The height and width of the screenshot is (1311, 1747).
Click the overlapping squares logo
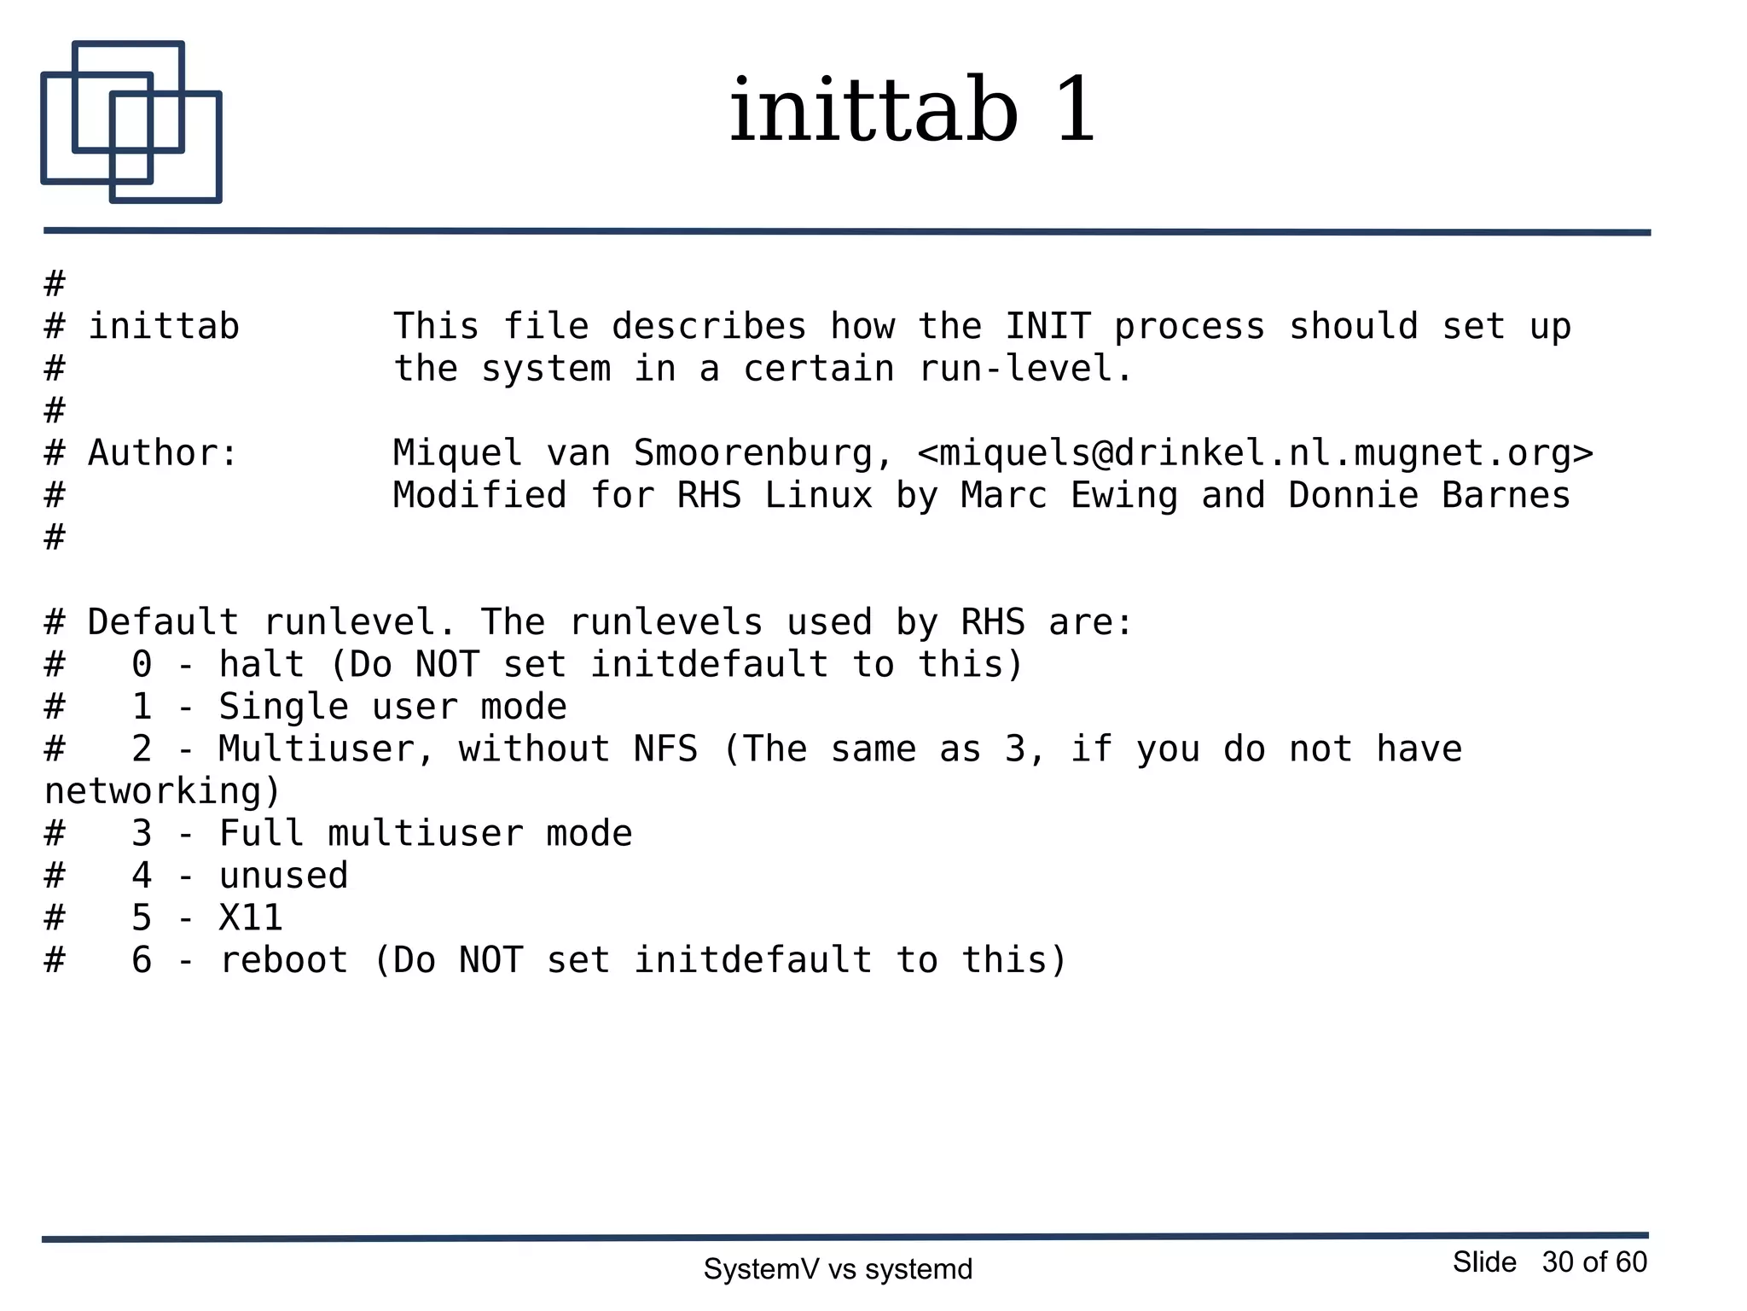131,122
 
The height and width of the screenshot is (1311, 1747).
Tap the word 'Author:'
163,453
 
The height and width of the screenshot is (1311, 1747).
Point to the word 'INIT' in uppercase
1048,326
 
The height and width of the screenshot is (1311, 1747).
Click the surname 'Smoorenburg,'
763,453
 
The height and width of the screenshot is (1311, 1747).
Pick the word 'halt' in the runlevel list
261,664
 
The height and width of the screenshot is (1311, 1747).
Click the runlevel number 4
142,876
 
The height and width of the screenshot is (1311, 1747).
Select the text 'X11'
251,918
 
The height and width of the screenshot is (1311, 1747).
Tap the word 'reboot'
283,960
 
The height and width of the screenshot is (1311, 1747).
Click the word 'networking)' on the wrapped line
162,791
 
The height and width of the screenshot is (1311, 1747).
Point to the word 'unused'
283,876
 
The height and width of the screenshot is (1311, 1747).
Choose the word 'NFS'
665,749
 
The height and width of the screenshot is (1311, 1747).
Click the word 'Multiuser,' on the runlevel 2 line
327,749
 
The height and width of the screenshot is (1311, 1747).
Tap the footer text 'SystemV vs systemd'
838,1269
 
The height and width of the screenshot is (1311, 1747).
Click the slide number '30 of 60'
1593,1261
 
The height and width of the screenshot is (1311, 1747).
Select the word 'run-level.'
1026,369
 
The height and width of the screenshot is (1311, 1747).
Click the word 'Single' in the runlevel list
283,707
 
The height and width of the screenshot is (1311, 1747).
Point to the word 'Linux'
818,495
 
